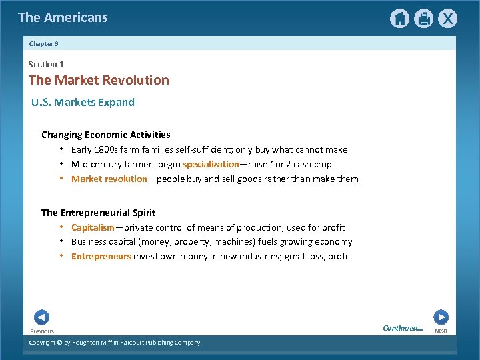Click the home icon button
tap(399, 19)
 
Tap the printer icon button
tap(423, 19)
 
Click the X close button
tap(447, 19)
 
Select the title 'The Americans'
tap(63, 18)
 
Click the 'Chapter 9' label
tap(44, 43)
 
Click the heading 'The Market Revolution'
tap(99, 80)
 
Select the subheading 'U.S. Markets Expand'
tap(83, 102)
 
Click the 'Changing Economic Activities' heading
tap(105, 135)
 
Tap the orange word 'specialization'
tap(210, 164)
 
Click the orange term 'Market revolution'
tap(109, 179)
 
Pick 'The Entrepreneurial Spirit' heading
tap(98, 213)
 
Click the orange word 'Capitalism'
tap(93, 227)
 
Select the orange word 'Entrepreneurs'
tap(101, 257)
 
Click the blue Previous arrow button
tap(41, 317)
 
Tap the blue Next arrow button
tap(441, 317)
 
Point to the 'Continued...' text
tap(403, 328)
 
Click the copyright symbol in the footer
tap(59, 343)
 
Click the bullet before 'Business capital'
tap(61, 241)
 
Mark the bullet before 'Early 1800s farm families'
tap(61, 149)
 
